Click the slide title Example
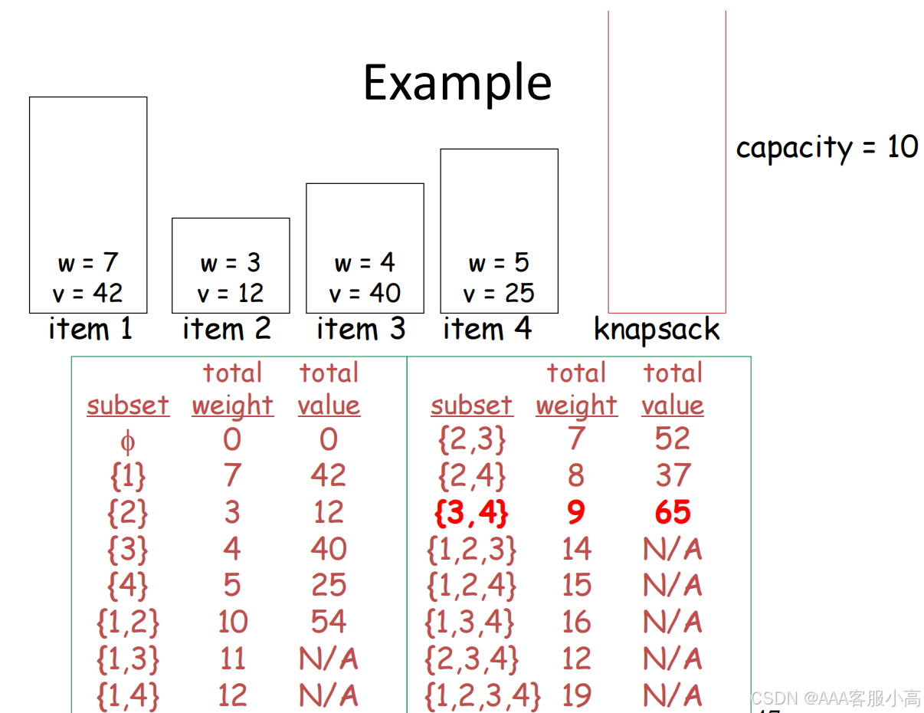click(x=457, y=83)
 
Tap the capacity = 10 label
click(x=827, y=146)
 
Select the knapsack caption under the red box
click(x=657, y=330)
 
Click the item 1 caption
click(x=90, y=329)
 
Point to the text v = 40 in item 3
click(x=365, y=293)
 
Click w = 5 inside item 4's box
click(x=499, y=263)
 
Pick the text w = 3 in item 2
click(x=231, y=263)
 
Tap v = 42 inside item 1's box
click(x=88, y=293)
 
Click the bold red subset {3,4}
click(x=471, y=512)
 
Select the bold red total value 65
click(x=673, y=512)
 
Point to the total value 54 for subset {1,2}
click(x=329, y=622)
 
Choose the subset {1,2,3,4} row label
click(x=483, y=695)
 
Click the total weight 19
click(x=576, y=695)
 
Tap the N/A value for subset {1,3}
click(x=329, y=659)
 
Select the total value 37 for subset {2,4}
click(x=673, y=475)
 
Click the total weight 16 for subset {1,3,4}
click(x=576, y=622)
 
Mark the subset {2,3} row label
click(x=471, y=439)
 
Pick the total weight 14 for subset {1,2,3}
click(x=576, y=549)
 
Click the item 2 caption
click(x=227, y=329)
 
